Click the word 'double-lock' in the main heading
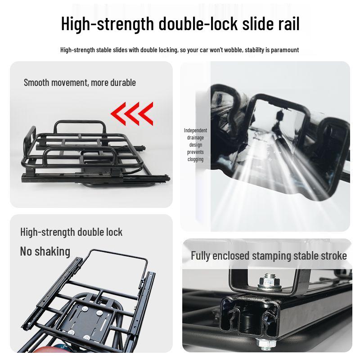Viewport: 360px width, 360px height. pyautogui.click(x=198, y=23)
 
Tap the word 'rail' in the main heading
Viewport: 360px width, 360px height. pyautogui.click(x=289, y=23)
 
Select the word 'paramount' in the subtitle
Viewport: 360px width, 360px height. pyautogui.click(x=285, y=50)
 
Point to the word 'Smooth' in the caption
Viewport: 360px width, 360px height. pyautogui.click(x=36, y=83)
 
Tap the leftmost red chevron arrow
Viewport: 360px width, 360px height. pyautogui.click(x=118, y=114)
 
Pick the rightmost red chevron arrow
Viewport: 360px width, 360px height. pyautogui.click(x=146, y=114)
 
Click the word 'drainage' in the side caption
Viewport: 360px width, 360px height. pyautogui.click(x=195, y=138)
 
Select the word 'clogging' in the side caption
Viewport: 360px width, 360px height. pyautogui.click(x=195, y=159)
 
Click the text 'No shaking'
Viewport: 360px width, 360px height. pyautogui.click(x=45, y=252)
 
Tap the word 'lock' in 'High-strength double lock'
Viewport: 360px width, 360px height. pyautogui.click(x=114, y=232)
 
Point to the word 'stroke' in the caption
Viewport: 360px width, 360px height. pyautogui.click(x=334, y=256)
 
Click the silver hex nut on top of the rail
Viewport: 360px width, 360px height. pyautogui.click(x=269, y=282)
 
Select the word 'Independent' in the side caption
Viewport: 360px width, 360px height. pyautogui.click(x=195, y=130)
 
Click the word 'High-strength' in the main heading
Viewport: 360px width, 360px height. pyautogui.click(x=108, y=23)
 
